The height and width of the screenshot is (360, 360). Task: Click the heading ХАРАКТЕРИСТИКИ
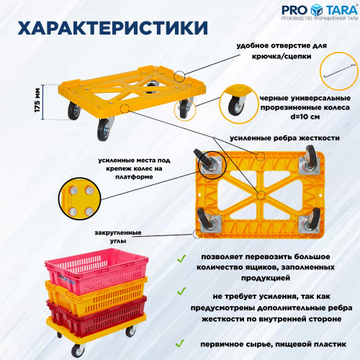point(112,28)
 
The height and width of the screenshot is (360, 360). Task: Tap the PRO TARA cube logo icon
point(317,10)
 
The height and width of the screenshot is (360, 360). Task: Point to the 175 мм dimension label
point(37,100)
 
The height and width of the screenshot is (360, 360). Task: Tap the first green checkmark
point(181,258)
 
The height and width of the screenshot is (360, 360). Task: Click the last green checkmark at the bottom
point(180,343)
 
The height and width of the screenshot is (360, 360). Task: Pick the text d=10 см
point(305,117)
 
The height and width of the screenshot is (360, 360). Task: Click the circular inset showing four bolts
point(80,199)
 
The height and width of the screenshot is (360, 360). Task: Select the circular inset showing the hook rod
point(339,71)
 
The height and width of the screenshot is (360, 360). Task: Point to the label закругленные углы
point(118,237)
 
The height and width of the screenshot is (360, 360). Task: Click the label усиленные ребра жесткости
point(284,138)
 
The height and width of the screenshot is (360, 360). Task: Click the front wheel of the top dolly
point(104,130)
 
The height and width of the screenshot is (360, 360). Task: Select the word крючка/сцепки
point(282,56)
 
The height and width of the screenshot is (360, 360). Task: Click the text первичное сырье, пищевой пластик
point(274,344)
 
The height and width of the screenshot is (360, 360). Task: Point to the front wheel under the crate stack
point(77,351)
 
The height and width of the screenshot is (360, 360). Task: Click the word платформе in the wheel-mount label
point(134,177)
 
